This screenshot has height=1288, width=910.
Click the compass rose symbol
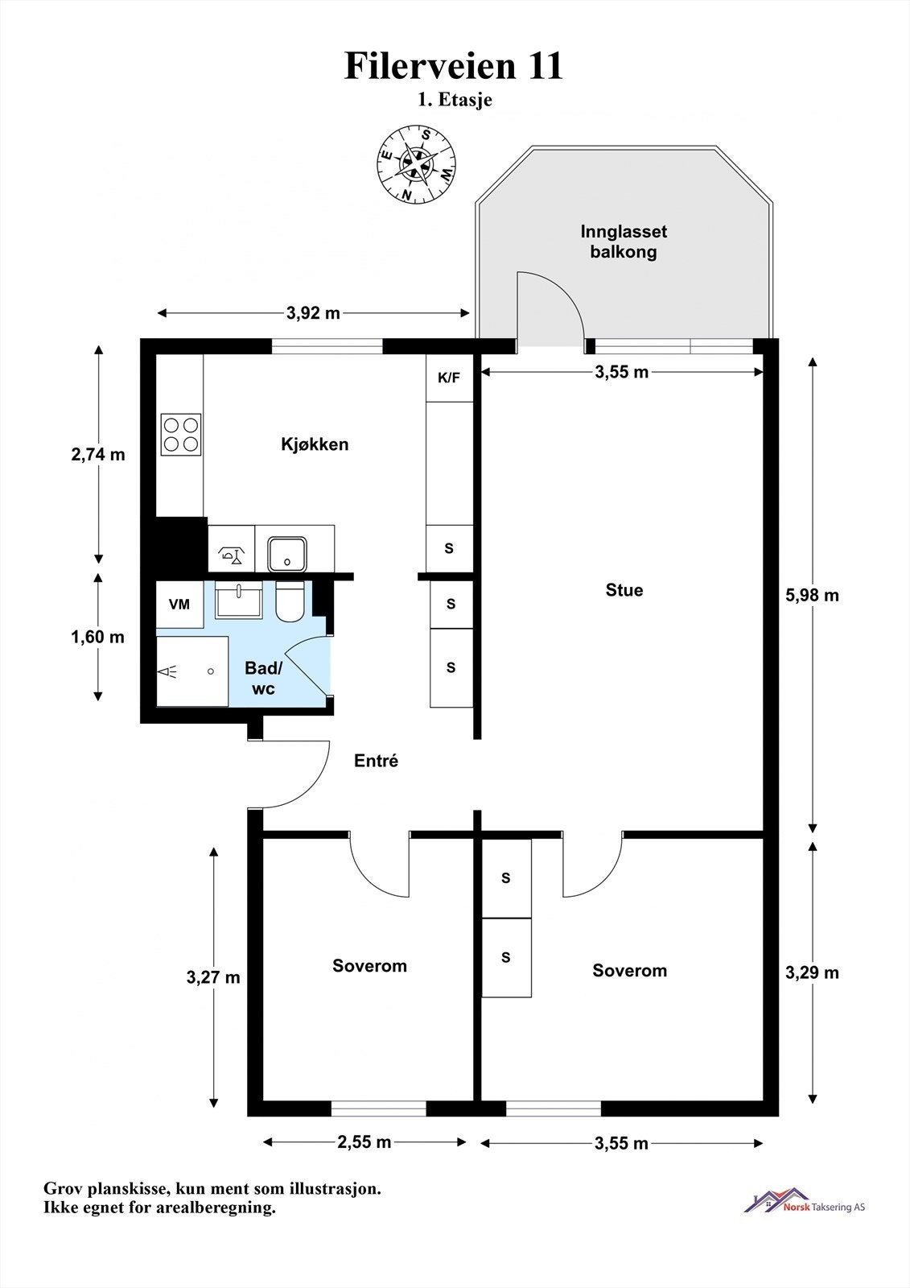tap(416, 163)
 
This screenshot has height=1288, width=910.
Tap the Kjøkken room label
tap(315, 444)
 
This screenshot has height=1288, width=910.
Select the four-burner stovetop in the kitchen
tap(181, 434)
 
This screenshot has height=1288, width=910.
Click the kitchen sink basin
tap(287, 554)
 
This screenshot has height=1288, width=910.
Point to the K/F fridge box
tap(449, 378)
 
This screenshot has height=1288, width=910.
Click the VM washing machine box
tap(179, 605)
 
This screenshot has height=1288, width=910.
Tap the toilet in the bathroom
tap(290, 602)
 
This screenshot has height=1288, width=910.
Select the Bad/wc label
tap(264, 679)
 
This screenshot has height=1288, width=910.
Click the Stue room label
tap(624, 591)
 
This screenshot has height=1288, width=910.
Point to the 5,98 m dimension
tap(813, 596)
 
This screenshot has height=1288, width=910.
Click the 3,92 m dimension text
tap(313, 313)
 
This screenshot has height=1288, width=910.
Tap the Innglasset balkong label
tap(624, 242)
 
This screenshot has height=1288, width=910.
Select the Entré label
tap(376, 761)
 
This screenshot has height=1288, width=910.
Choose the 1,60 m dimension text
tap(97, 637)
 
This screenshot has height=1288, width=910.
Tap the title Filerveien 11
tap(454, 65)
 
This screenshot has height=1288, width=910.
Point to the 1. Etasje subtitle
tap(455, 100)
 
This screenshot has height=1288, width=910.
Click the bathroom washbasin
tap(239, 600)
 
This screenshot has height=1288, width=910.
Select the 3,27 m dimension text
tap(213, 977)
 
